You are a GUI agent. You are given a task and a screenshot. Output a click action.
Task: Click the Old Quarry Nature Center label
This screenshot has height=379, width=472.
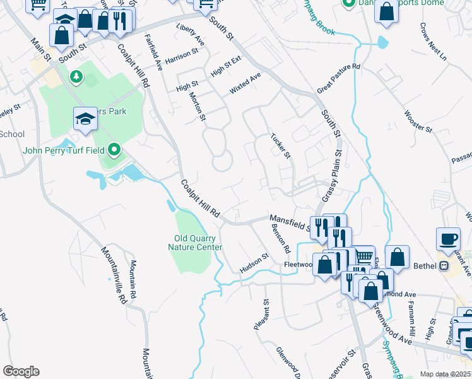coord(198,243)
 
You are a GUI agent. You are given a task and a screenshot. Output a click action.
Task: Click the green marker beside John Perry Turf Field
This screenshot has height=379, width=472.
coord(114,150)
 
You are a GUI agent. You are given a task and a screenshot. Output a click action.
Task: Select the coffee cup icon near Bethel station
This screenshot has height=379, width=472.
coord(448,239)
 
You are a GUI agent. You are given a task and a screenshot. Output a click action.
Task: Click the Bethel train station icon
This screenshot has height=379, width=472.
coord(445,266)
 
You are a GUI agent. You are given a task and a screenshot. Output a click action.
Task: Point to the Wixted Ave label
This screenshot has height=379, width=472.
coord(245,84)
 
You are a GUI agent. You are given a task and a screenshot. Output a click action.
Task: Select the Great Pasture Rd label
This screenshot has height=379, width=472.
coord(338,78)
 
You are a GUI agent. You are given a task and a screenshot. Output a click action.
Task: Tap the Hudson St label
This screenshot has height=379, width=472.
coord(254,265)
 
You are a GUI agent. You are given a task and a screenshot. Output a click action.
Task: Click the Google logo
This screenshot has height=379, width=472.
coord(21,371)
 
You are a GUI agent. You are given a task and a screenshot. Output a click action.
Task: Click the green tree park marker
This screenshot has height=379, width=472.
coord(76,76)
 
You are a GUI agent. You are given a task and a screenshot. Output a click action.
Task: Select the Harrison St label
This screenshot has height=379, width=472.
coord(182,57)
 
